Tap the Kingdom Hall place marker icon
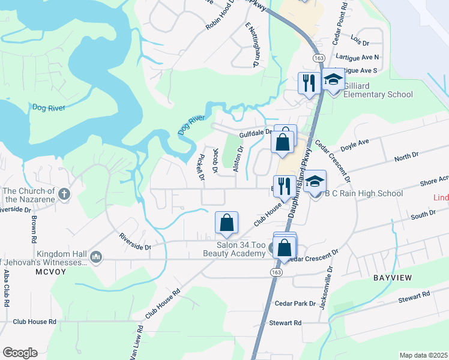[96, 257]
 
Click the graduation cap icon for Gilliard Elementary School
[333, 80]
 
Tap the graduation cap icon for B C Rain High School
[315, 182]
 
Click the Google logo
[20, 353]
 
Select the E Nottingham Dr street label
[252, 44]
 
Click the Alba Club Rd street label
[7, 287]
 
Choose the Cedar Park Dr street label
[295, 304]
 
